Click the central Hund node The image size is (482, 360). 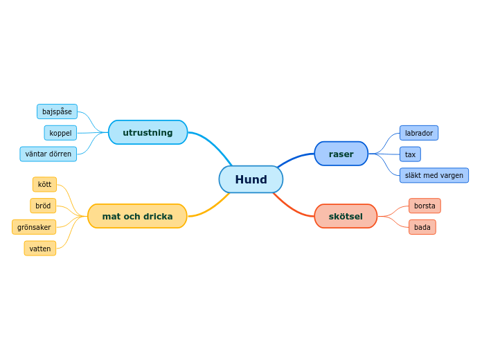click(251, 179)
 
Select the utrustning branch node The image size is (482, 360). click(148, 132)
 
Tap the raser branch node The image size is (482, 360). click(341, 154)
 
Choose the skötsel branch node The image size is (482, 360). click(346, 216)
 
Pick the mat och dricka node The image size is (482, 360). click(137, 216)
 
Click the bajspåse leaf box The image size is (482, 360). click(57, 111)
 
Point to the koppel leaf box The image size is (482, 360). click(60, 133)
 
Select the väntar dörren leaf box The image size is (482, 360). click(48, 154)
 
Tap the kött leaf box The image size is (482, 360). click(44, 184)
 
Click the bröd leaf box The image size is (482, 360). click(43, 206)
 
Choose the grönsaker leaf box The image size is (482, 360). click(34, 227)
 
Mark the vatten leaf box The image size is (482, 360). click(40, 249)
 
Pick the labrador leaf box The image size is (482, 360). click(419, 133)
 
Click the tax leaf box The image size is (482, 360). click(410, 154)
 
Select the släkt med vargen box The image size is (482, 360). click(434, 175)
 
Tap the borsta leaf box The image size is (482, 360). click(425, 206)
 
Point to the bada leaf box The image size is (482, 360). click(422, 227)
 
